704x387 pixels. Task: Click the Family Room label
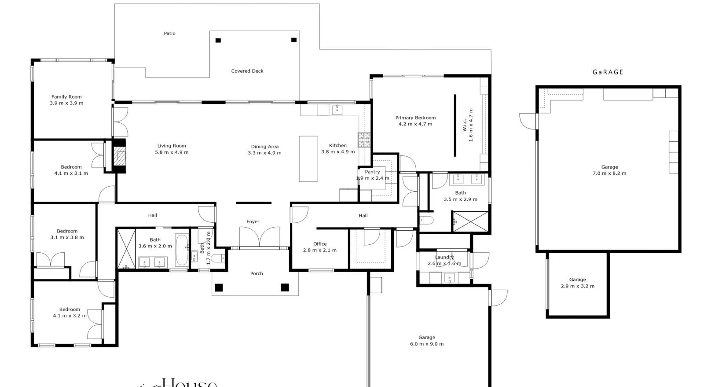pos(66,97)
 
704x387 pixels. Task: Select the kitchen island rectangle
pos(308,158)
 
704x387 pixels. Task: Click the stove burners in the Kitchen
pos(364,140)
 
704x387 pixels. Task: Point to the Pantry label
pos(372,172)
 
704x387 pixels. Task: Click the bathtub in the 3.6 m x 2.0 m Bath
pos(182,251)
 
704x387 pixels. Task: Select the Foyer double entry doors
pos(259,237)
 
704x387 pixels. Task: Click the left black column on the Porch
pos(219,288)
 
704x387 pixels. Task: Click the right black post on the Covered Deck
pos(294,40)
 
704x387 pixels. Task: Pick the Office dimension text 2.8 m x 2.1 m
pos(320,250)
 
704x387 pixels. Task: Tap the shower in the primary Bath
pos(471,221)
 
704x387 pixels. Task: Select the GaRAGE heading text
pos(608,72)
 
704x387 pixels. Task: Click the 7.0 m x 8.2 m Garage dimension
pos(609,173)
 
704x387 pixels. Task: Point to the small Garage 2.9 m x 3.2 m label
pos(577,280)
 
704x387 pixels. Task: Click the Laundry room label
pos(444,258)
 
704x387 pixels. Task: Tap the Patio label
pos(169,33)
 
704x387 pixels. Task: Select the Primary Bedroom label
pos(415,118)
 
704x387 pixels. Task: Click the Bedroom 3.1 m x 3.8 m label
pos(67,231)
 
